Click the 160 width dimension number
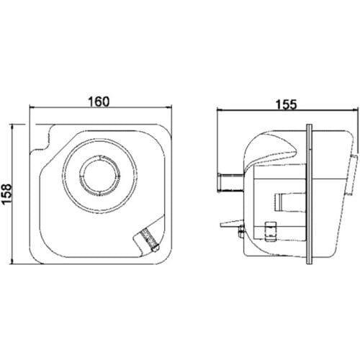[99, 102]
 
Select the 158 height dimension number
[6, 194]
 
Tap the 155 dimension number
[287, 104]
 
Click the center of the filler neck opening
[99, 175]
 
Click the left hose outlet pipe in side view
[231, 183]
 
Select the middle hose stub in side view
[290, 202]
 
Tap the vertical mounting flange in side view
[310, 194]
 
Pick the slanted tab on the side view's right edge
[352, 175]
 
